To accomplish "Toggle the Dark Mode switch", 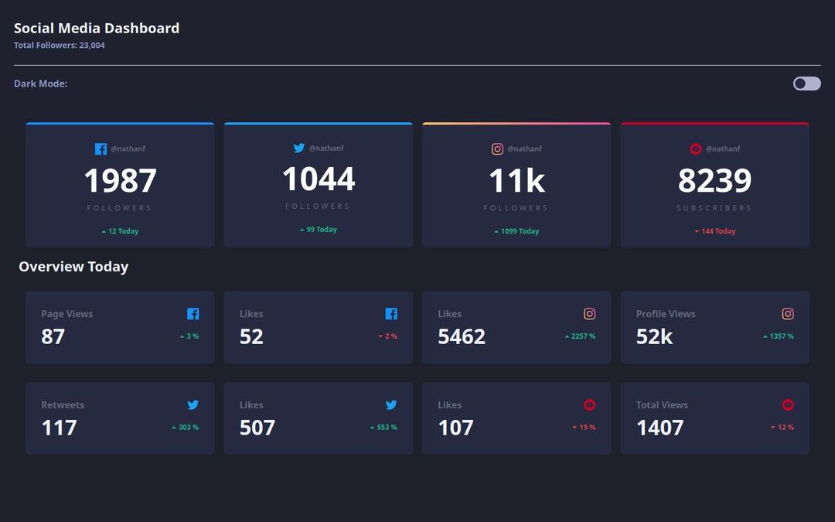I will click(x=806, y=84).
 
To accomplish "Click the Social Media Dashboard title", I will click(x=97, y=29).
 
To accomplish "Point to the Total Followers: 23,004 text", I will click(x=60, y=46).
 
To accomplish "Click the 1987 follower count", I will click(x=120, y=181).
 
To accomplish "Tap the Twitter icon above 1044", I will click(x=299, y=148).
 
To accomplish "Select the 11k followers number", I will click(x=516, y=181).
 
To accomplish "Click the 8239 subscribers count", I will click(x=714, y=181).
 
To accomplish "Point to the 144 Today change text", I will click(x=715, y=231).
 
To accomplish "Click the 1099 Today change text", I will click(x=516, y=231).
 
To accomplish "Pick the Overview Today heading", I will click(x=73, y=267).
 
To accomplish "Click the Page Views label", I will click(x=67, y=314).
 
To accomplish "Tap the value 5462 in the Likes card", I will click(x=462, y=337).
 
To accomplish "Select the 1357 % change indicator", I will click(x=779, y=336).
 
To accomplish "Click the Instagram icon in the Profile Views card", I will click(x=788, y=314).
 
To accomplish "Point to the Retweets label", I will click(x=63, y=405).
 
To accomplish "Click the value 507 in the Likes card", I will click(x=257, y=428).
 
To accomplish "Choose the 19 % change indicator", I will click(x=584, y=428).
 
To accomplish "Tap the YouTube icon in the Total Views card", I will click(x=788, y=404).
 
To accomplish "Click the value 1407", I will click(x=659, y=428).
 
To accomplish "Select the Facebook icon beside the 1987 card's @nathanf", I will click(x=101, y=149).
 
